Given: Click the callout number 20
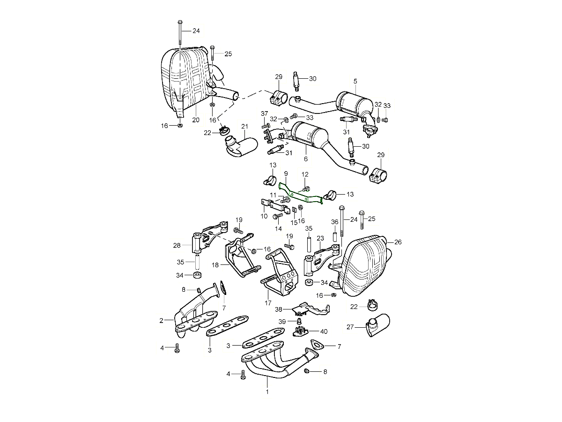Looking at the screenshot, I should pyautogui.click(x=196, y=120).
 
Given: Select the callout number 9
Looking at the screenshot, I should pyautogui.click(x=286, y=173).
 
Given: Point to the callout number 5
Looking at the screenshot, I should pyautogui.click(x=355, y=81).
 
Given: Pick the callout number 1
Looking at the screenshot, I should pyautogui.click(x=267, y=392).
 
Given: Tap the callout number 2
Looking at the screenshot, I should pyautogui.click(x=161, y=321).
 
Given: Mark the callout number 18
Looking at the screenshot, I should pyautogui.click(x=215, y=265).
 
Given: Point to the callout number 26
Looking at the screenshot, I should pyautogui.click(x=398, y=242).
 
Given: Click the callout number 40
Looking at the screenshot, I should pyautogui.click(x=324, y=331).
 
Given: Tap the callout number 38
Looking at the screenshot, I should pyautogui.click(x=279, y=309).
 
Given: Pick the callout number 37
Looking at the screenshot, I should pyautogui.click(x=265, y=113).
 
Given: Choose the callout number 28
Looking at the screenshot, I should pyautogui.click(x=177, y=245).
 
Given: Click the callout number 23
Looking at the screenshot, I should pyautogui.click(x=320, y=238).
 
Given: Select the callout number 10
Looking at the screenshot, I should pyautogui.click(x=264, y=216).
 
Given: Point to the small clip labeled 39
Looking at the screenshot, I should pyautogui.click(x=298, y=321).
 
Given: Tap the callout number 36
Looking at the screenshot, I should pyautogui.click(x=335, y=222).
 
